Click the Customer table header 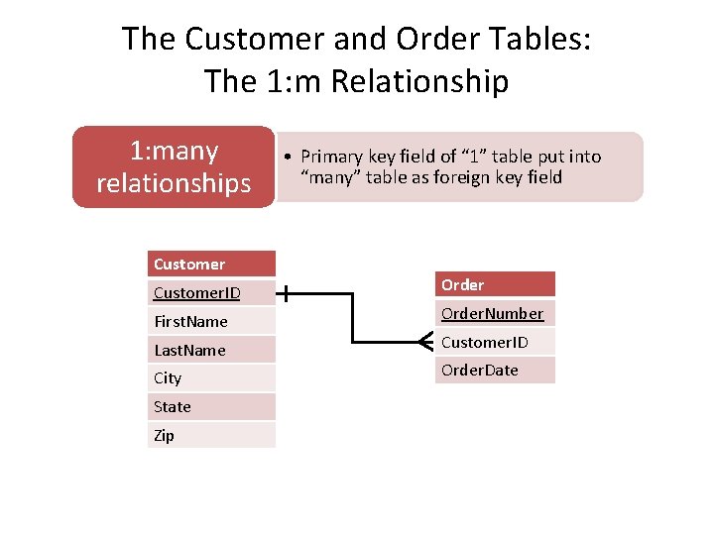pyautogui.click(x=211, y=264)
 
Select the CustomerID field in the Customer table pyautogui.click(x=211, y=292)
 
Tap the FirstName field pyautogui.click(x=211, y=321)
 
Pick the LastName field pyautogui.click(x=211, y=350)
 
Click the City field pyautogui.click(x=211, y=377)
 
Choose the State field pyautogui.click(x=211, y=406)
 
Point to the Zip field pyautogui.click(x=211, y=435)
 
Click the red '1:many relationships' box pyautogui.click(x=174, y=166)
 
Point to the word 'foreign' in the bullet pyautogui.click(x=474, y=177)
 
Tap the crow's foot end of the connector pyautogui.click(x=425, y=342)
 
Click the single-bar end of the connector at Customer pyautogui.click(x=286, y=293)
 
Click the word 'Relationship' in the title pyautogui.click(x=420, y=81)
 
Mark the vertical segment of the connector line pyautogui.click(x=353, y=317)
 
